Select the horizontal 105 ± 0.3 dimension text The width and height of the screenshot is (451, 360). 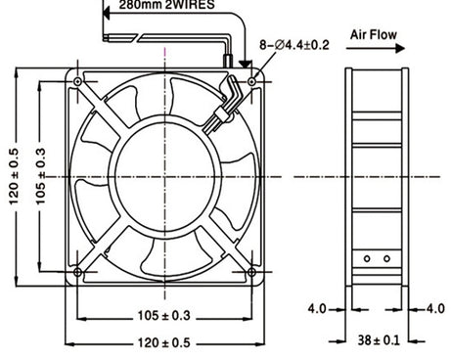click(162, 316)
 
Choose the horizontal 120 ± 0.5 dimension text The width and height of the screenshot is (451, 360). click(162, 342)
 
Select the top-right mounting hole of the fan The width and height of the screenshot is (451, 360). click(253, 82)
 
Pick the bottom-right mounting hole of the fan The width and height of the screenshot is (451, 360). click(253, 271)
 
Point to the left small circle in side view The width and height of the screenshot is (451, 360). click(368, 258)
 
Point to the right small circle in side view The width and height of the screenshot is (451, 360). click(385, 258)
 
